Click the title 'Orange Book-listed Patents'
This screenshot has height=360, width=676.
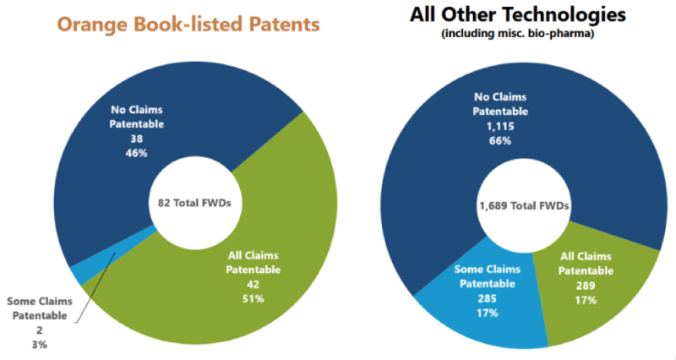(188, 24)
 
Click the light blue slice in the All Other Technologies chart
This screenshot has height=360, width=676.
(473, 313)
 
